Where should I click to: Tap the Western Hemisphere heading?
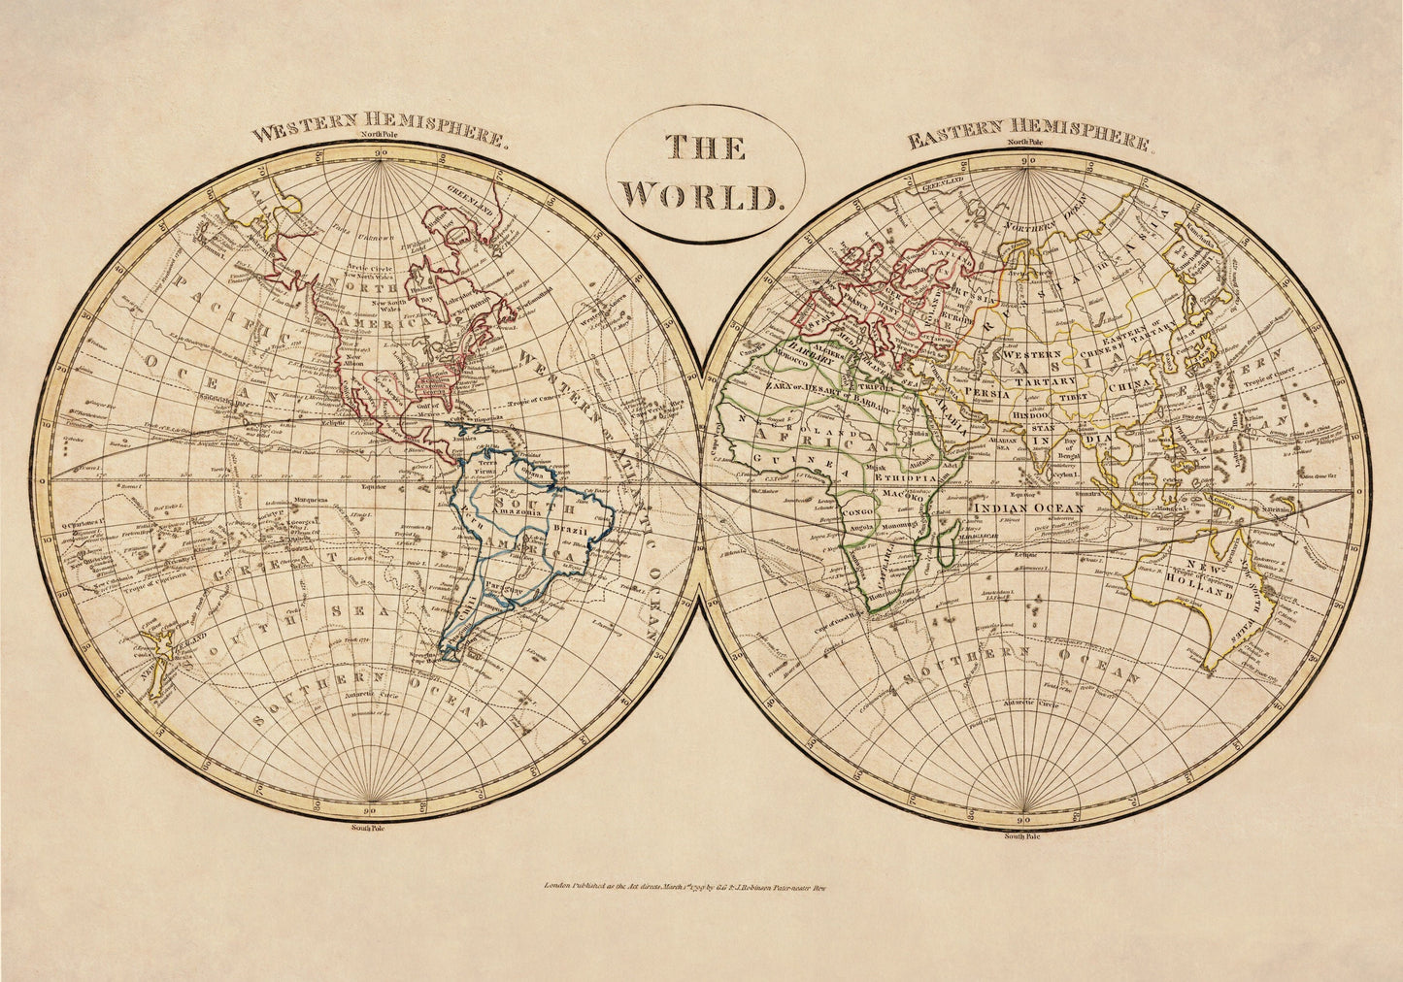tap(379, 131)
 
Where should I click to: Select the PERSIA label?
tap(986, 391)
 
